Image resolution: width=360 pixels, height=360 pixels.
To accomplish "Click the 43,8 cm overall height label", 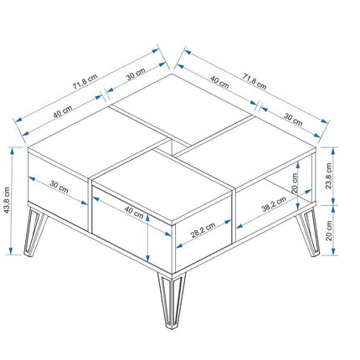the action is [7, 200].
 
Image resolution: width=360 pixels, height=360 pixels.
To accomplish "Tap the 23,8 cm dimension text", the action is [329, 176].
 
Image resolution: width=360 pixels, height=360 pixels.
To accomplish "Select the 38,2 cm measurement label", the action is [274, 204].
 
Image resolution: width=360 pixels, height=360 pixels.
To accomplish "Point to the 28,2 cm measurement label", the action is [203, 230].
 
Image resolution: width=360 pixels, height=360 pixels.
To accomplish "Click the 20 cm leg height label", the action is [329, 230].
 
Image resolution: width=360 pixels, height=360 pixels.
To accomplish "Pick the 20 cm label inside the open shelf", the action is [295, 183].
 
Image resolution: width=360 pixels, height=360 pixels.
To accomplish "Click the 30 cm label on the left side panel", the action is [59, 187].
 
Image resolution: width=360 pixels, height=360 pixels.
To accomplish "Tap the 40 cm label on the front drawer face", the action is [134, 213].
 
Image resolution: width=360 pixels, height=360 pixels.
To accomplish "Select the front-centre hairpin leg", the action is [172, 300].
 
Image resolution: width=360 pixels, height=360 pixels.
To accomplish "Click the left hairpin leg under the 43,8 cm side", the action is [34, 232].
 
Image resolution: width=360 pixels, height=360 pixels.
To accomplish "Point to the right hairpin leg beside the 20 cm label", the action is [309, 232].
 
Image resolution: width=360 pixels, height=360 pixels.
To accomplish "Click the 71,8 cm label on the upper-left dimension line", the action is [85, 81].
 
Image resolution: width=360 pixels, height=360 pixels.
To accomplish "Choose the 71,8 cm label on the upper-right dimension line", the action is [255, 81].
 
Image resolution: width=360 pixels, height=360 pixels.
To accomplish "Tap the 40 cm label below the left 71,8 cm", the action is [63, 111].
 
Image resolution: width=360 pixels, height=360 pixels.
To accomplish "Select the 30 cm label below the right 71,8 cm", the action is [293, 119].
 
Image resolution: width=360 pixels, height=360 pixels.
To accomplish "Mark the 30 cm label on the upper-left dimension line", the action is [136, 74].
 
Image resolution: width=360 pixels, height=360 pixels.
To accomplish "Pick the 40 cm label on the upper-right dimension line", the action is [219, 82].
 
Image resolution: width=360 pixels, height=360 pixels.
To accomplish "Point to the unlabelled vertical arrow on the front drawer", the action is [147, 238].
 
